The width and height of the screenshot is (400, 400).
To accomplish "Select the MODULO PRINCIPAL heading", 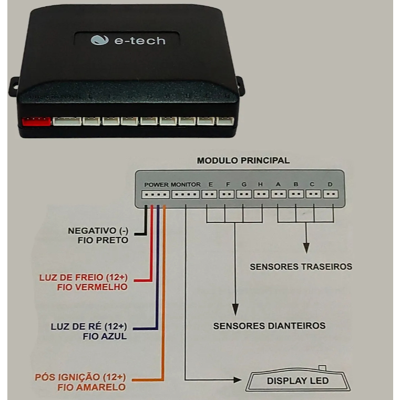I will click(243, 161).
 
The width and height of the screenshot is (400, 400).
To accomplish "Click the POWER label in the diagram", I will click(156, 184).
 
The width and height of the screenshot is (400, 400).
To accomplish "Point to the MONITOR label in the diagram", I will click(186, 184).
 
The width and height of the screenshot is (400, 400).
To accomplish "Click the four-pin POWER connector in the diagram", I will click(156, 194).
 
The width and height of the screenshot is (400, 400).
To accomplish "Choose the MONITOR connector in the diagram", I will click(186, 194).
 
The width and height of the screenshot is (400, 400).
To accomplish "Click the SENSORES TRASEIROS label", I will click(301, 267).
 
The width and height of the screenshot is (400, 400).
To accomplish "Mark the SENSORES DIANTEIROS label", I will click(269, 326).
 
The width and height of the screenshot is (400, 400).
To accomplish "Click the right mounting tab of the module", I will click(240, 86).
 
